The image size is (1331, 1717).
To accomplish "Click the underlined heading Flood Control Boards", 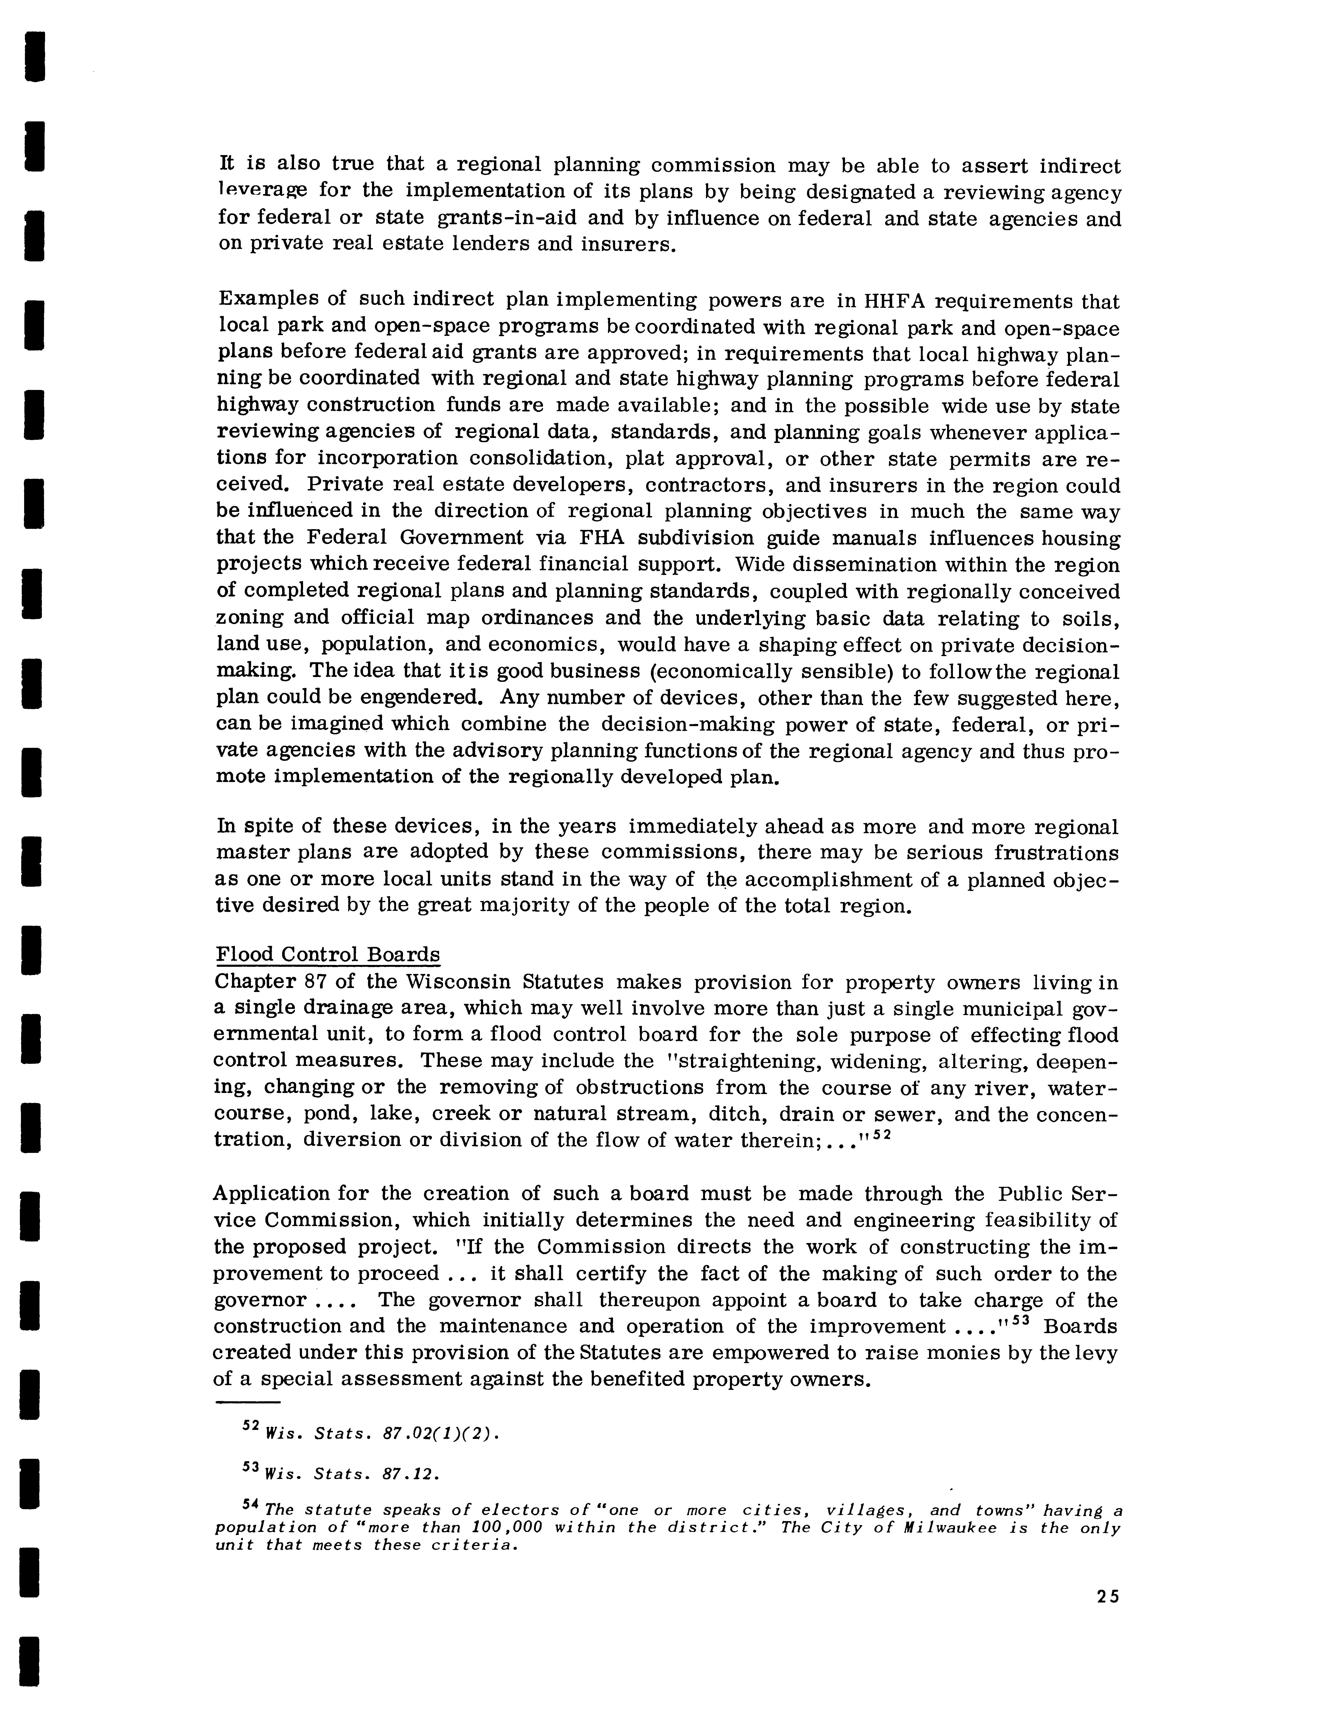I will (328, 954).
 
